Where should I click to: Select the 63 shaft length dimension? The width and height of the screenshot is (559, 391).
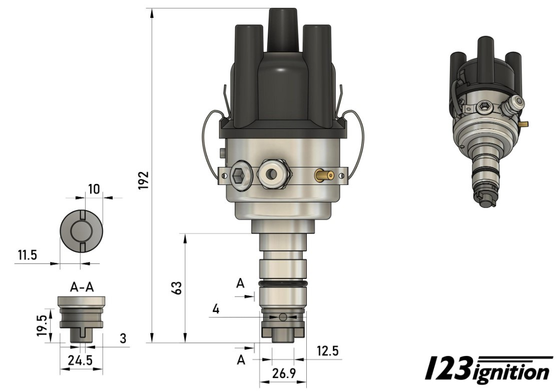pos(176,288)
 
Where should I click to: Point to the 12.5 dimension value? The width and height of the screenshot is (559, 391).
pos(327,351)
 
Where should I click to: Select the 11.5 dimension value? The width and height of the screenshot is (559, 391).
pos(27,255)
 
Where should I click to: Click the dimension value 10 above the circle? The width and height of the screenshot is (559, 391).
pos(94,188)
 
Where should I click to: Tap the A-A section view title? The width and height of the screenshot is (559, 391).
pos(82,286)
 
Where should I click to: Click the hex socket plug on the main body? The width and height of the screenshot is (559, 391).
pos(239,175)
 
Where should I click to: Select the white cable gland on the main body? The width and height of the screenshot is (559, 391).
pos(272,174)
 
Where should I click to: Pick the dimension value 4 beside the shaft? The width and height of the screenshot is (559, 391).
pos(216,309)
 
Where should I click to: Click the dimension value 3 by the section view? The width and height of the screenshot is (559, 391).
pos(122,338)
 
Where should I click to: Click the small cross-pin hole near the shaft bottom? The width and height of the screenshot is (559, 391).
pos(283,316)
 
